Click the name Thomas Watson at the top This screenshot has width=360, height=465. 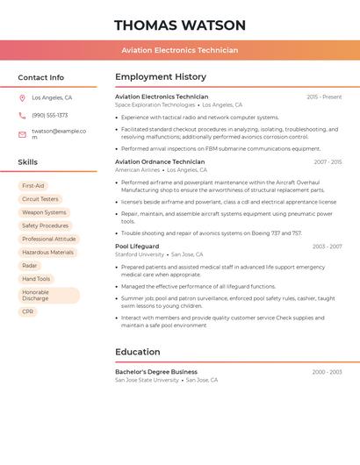[x=179, y=25]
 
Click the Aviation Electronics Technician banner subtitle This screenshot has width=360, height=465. [x=179, y=50]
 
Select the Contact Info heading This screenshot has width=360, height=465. [x=41, y=77]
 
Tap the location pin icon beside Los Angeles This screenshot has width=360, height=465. [x=22, y=98]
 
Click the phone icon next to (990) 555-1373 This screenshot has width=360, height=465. [x=22, y=115]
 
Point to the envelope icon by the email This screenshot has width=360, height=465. [x=22, y=134]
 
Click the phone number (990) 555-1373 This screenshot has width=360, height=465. [x=50, y=115]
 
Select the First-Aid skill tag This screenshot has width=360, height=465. [x=33, y=186]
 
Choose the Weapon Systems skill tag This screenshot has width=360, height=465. [x=44, y=212]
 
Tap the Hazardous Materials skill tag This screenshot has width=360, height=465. [x=47, y=252]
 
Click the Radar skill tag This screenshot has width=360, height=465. [x=30, y=265]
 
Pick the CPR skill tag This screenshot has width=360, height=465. [x=28, y=311]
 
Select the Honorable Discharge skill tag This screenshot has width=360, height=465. [x=48, y=295]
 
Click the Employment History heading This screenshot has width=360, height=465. [x=161, y=77]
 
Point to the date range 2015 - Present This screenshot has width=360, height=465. [x=324, y=97]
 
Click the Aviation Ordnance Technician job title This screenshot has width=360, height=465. [x=160, y=161]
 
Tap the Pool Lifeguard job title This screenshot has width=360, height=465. [x=137, y=247]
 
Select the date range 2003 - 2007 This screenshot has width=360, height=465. [x=327, y=247]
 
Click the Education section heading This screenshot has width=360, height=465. [x=138, y=352]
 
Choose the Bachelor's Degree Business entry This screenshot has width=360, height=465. [x=156, y=372]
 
